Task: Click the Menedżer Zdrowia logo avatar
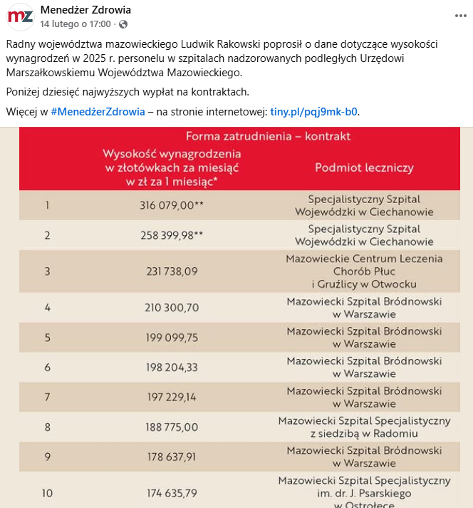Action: [x=21, y=16]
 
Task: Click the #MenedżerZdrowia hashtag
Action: [x=98, y=112]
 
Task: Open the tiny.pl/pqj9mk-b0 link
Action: [x=313, y=112]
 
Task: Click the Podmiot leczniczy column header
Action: [x=364, y=168]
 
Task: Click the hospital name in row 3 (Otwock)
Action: [x=364, y=271]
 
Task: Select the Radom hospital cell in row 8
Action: [x=364, y=427]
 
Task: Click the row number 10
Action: [x=47, y=492]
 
